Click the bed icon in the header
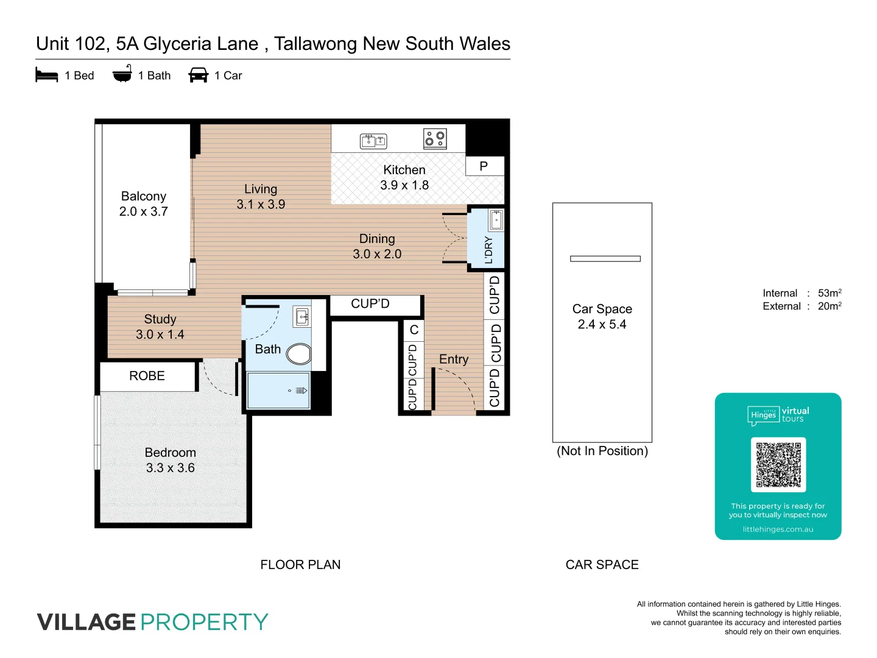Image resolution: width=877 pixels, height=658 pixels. point(47,76)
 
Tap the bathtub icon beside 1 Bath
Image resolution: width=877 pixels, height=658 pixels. point(122,74)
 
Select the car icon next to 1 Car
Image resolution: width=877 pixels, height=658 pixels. point(199,75)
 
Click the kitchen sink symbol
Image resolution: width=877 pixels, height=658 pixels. point(373,141)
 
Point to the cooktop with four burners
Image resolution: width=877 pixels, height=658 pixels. point(435,138)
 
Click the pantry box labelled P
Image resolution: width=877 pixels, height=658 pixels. point(484,166)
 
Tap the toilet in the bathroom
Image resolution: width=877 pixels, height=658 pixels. point(299,353)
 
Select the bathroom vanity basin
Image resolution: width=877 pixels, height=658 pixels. point(302,317)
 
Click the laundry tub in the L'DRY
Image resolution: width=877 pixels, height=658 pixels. point(496,220)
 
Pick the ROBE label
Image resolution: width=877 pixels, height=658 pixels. point(147,376)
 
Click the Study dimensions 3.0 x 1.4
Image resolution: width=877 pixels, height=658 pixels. point(160,334)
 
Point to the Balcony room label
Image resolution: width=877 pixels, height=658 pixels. point(143,196)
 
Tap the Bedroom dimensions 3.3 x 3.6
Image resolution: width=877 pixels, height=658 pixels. point(170,468)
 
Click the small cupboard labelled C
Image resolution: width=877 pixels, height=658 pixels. point(414,330)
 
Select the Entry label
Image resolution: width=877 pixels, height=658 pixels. point(454,359)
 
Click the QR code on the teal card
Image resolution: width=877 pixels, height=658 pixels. point(778,464)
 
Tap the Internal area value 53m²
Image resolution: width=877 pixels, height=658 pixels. point(829,293)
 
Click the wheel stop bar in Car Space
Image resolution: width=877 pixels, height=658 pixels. point(605,259)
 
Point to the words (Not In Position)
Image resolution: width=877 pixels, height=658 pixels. point(602,451)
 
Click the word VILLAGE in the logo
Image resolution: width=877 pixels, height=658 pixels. point(86,622)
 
